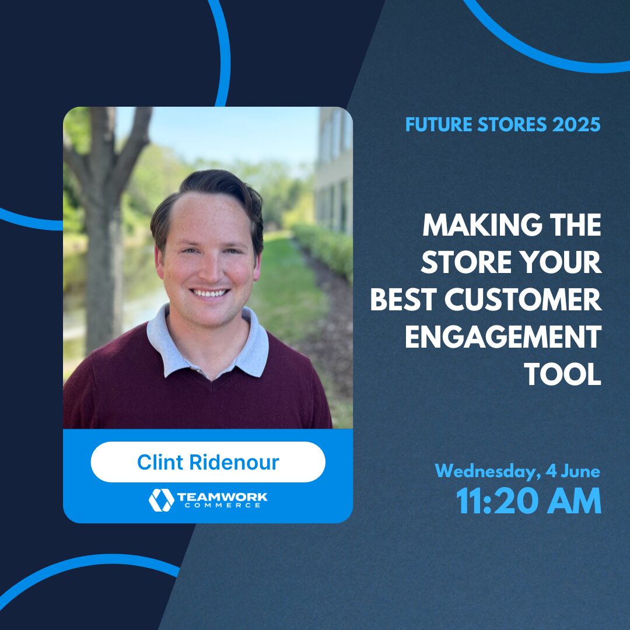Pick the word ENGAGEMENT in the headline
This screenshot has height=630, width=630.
(503, 338)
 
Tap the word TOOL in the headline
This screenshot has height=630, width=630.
(563, 375)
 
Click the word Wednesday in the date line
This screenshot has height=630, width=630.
(487, 471)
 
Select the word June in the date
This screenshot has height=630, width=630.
(581, 471)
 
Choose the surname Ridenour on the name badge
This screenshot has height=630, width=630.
(235, 462)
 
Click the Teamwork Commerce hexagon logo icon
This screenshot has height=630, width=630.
(161, 500)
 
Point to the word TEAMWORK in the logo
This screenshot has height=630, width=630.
(222, 496)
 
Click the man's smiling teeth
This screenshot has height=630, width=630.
(211, 292)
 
